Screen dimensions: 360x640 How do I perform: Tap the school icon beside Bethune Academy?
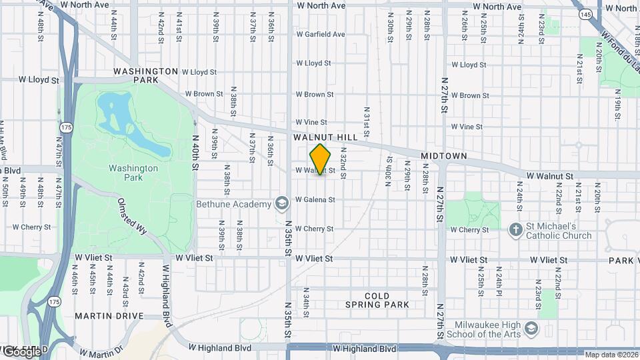(x=282, y=203)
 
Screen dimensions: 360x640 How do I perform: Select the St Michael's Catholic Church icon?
(x=515, y=231)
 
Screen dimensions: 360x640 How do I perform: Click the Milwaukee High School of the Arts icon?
(x=531, y=329)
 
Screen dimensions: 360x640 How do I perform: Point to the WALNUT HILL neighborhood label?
(x=325, y=137)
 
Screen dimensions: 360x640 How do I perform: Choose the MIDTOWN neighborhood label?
(x=443, y=155)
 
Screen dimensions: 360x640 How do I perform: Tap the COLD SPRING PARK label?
(x=377, y=300)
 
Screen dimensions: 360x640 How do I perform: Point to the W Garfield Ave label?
(x=321, y=34)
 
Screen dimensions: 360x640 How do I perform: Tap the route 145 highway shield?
(x=585, y=14)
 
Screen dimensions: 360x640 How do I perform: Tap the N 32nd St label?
(x=343, y=167)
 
